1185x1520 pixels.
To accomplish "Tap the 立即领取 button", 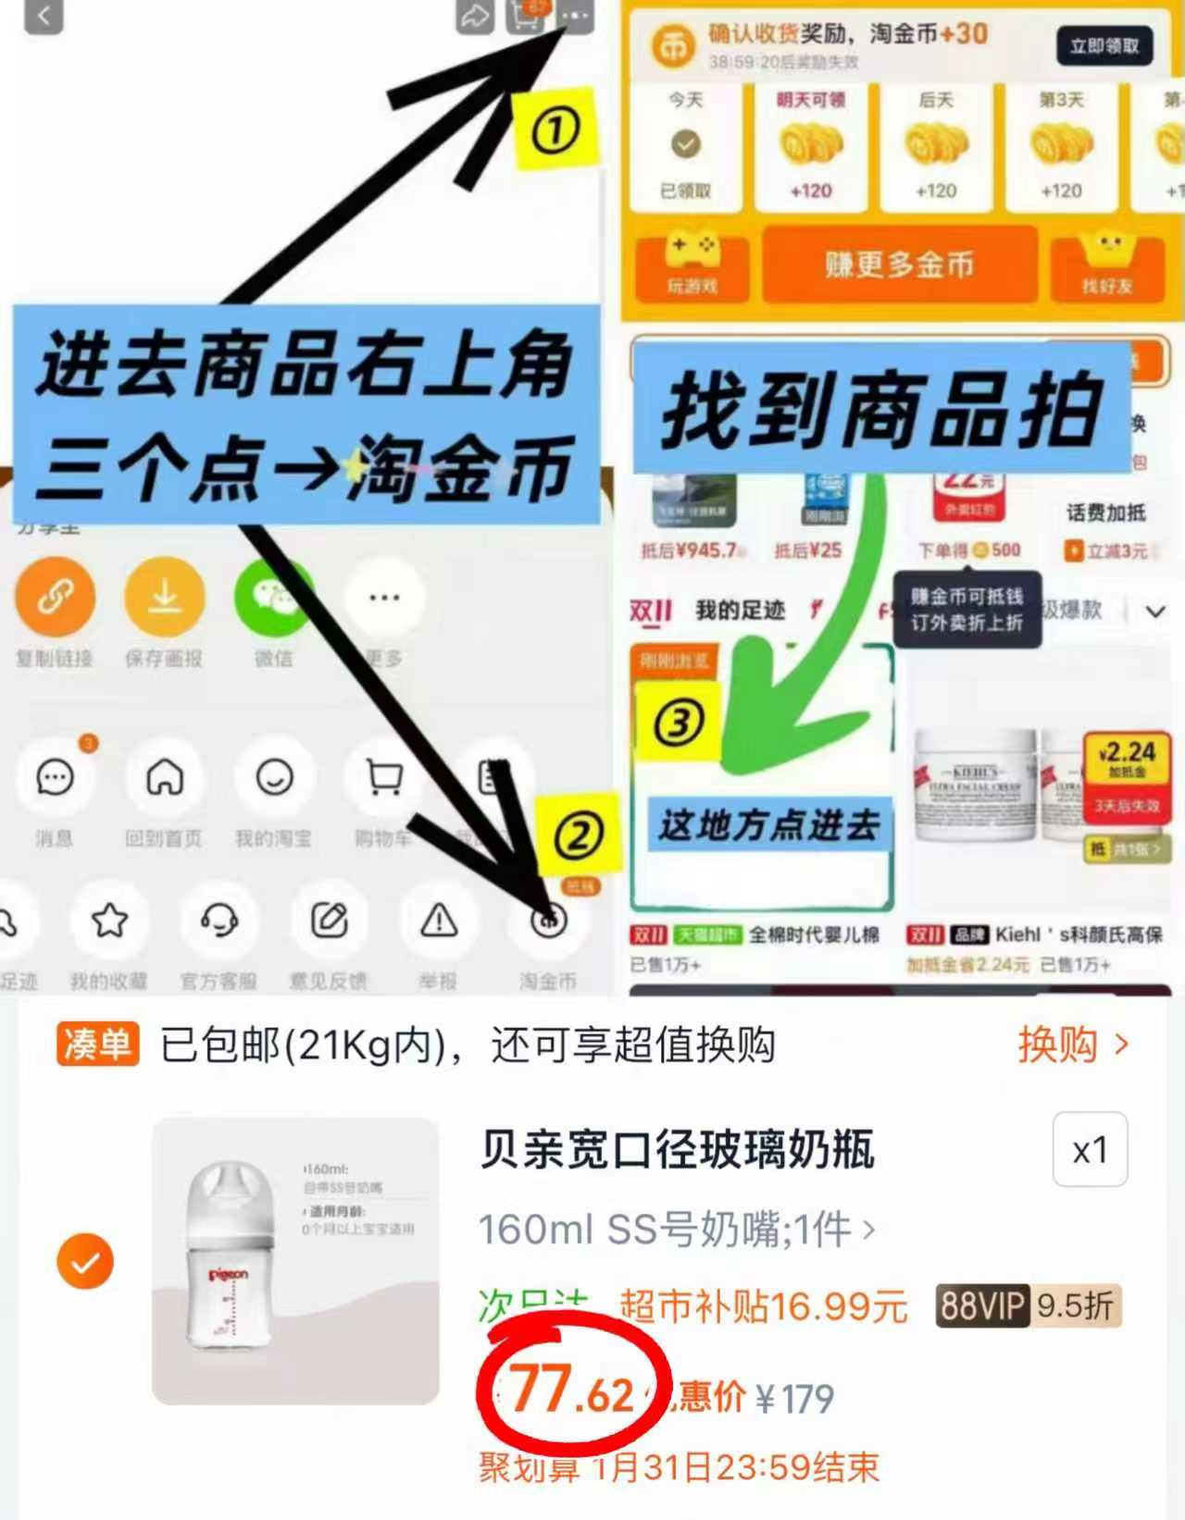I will (1104, 46).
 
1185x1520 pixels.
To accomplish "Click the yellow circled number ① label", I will (555, 130).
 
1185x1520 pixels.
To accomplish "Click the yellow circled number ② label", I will (579, 835).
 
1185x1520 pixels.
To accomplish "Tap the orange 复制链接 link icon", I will (55, 598).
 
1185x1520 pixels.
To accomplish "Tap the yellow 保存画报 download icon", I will (165, 598).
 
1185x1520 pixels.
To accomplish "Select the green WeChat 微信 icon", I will (273, 598).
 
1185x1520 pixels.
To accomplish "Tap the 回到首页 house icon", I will (164, 778).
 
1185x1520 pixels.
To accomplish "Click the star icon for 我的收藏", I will (109, 921).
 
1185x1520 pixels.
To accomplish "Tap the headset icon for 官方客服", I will (219, 921).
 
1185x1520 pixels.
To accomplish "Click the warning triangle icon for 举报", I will (439, 921).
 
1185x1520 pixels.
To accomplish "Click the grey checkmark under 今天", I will (685, 144).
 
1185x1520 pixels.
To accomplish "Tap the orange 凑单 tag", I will (97, 1044).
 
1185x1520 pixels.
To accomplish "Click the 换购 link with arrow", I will (1073, 1044).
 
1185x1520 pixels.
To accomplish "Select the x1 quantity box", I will (1090, 1150).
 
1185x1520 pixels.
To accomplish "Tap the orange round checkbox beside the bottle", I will (85, 1262).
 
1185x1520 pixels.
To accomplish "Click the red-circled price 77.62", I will (572, 1390).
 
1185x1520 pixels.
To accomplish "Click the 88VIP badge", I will (980, 1305).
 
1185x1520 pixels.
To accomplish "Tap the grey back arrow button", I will (44, 15).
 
